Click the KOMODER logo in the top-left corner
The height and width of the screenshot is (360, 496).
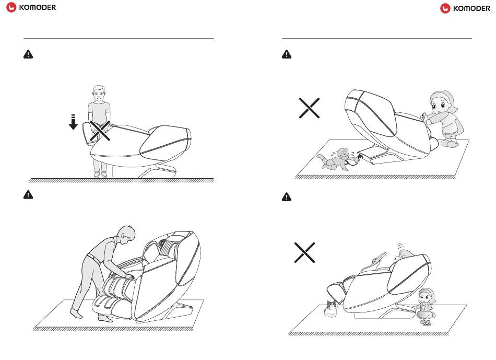(31, 7)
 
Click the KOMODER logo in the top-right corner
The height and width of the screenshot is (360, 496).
(465, 8)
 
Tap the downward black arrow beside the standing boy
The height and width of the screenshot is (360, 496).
(73, 122)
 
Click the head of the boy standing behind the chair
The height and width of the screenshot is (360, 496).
(99, 94)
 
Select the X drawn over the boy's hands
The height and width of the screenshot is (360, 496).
(100, 131)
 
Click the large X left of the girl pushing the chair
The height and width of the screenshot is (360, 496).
(309, 108)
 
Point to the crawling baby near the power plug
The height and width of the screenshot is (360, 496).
(336, 159)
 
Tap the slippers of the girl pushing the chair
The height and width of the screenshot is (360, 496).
(449, 143)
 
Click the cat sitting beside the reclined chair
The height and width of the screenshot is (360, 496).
(331, 309)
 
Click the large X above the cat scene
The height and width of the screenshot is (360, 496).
(304, 252)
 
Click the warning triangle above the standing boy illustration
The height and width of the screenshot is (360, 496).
(28, 54)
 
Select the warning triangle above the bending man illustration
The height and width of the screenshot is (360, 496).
(28, 194)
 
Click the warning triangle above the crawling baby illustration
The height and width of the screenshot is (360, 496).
(287, 54)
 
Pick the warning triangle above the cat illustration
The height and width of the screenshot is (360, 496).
(287, 197)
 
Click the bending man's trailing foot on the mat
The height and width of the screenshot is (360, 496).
(76, 313)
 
